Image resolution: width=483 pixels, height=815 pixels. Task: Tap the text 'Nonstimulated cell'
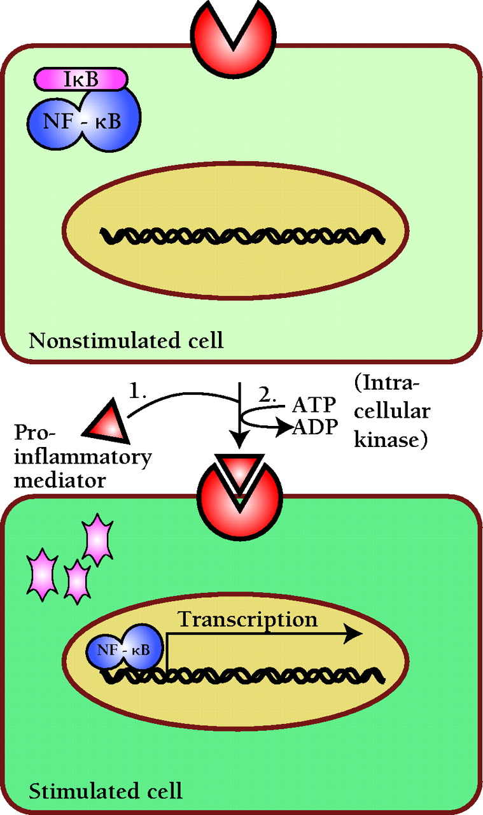[126, 341]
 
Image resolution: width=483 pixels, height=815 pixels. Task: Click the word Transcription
[247, 619]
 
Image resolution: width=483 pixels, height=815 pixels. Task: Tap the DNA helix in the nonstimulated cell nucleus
[242, 235]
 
